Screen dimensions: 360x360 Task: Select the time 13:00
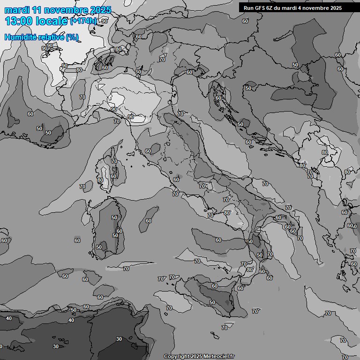[x=19, y=22]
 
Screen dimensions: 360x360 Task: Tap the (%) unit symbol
[x=72, y=37]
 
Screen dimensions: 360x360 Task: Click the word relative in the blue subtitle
[x=52, y=37]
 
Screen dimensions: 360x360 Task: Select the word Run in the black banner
[x=249, y=8]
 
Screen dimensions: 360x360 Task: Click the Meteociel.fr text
[x=218, y=356]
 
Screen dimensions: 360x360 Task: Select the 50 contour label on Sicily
[x=212, y=302]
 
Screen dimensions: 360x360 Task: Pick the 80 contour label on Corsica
[x=100, y=180]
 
